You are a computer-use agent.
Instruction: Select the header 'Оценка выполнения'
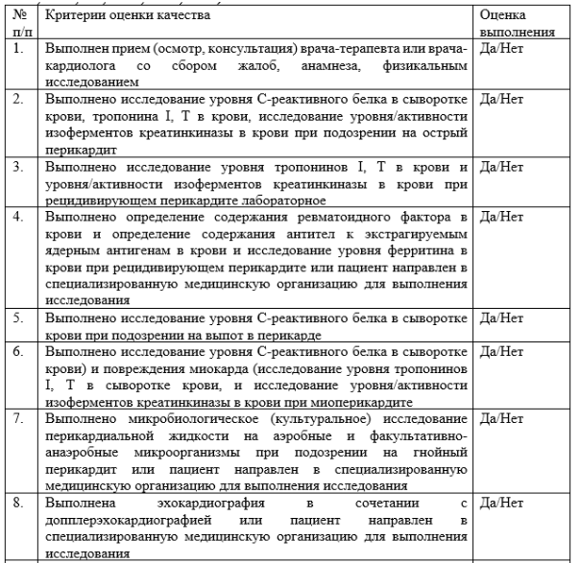click(517, 24)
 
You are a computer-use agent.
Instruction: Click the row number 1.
click(17, 49)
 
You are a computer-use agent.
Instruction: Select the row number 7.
click(17, 420)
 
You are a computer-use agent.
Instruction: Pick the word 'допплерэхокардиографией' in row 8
click(125, 520)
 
